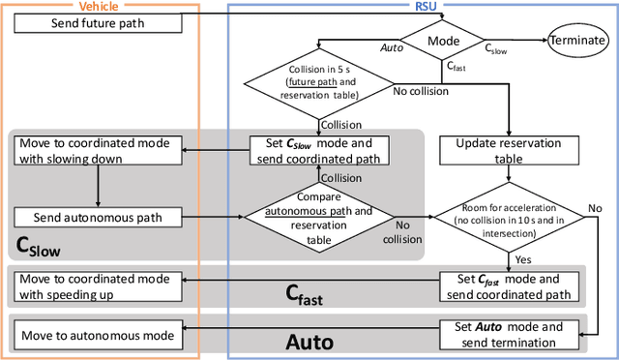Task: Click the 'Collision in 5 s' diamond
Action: [318, 82]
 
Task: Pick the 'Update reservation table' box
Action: [500, 151]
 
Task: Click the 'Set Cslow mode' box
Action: [318, 151]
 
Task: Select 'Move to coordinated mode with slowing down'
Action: [95, 151]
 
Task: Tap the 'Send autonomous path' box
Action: [95, 217]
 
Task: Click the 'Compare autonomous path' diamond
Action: [318, 217]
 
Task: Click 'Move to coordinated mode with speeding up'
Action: [95, 285]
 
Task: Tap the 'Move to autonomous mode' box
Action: [95, 336]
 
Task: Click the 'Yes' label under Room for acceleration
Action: [523, 259]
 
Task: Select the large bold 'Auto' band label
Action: [309, 341]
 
